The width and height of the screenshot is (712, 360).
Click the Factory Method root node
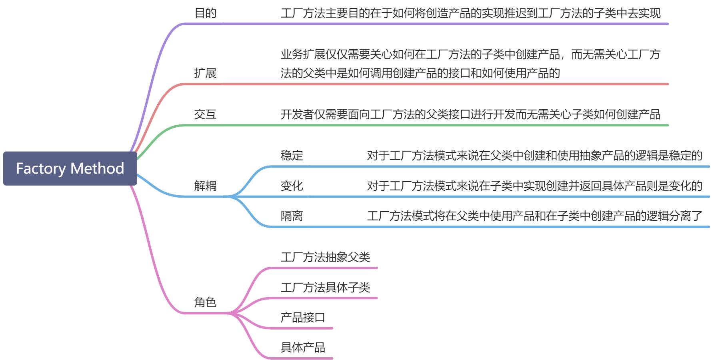[x=70, y=168]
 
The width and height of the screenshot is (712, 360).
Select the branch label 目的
[x=205, y=13]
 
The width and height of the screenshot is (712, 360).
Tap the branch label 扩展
[x=205, y=73]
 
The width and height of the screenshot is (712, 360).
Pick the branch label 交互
[x=205, y=114]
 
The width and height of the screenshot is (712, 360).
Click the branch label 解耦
[x=205, y=186]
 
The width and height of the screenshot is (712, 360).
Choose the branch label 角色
[x=205, y=302]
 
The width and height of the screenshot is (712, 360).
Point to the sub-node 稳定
[x=292, y=155]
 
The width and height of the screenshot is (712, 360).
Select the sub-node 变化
[x=292, y=186]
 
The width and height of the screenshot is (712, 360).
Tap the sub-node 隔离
[x=292, y=216]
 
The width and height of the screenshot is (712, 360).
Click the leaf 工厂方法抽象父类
[x=325, y=257]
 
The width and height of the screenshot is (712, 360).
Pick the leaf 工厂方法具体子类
[x=325, y=287]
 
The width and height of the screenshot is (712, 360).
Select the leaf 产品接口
[x=303, y=318]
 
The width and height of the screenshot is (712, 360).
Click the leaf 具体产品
[x=303, y=348]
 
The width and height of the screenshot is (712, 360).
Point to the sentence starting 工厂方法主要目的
[x=470, y=13]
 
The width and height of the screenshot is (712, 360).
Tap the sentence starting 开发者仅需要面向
[x=470, y=114]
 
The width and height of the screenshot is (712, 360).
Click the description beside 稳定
[x=534, y=155]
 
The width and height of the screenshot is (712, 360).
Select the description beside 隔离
[x=534, y=216]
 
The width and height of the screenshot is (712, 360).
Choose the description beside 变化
[x=534, y=186]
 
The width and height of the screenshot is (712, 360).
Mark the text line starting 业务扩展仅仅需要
[x=470, y=54]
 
